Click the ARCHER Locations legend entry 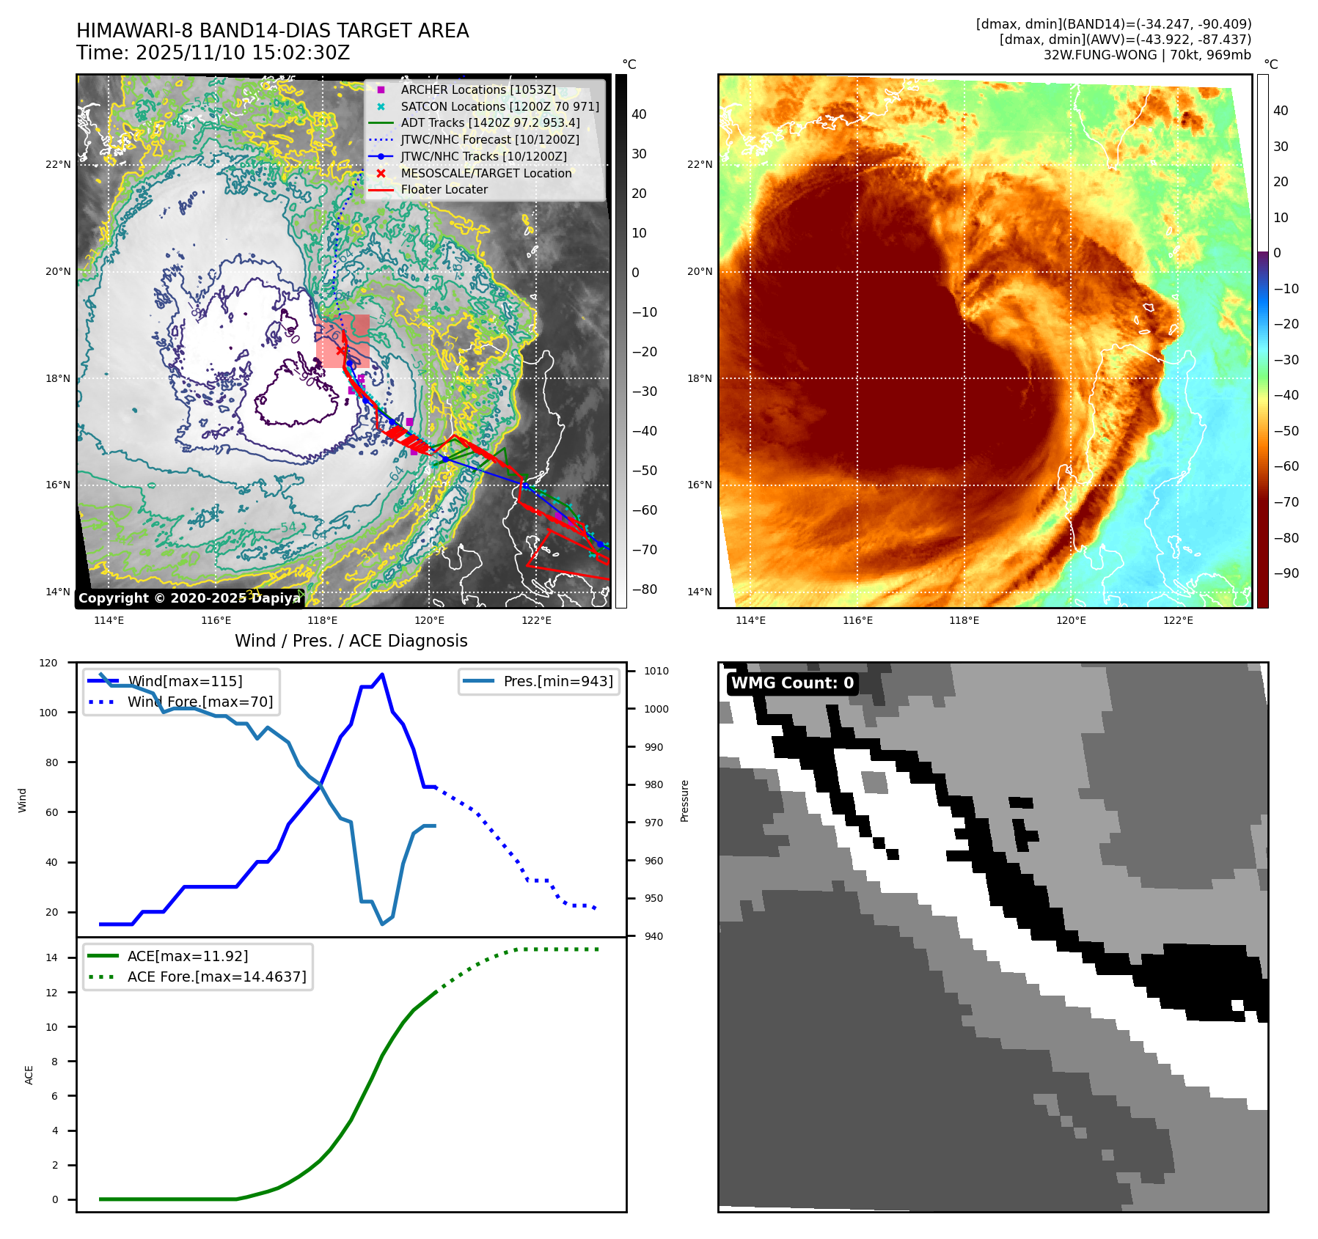(477, 89)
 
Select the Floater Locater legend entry (444, 189)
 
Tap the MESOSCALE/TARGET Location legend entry (486, 173)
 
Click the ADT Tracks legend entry (490, 122)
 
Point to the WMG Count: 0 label (792, 683)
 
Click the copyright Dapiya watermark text (189, 598)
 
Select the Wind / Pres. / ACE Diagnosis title (351, 641)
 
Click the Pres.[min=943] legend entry (557, 681)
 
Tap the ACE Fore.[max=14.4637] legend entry (216, 977)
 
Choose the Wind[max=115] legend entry (185, 681)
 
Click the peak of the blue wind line (382, 674)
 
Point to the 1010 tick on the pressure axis (656, 671)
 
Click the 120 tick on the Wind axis (48, 663)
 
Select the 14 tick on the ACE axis (51, 957)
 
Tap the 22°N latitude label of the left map (58, 164)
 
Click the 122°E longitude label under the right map (1178, 620)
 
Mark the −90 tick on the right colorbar (1286, 573)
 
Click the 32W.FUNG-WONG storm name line (1146, 55)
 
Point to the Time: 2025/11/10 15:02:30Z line (213, 53)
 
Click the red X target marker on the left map (341, 350)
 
